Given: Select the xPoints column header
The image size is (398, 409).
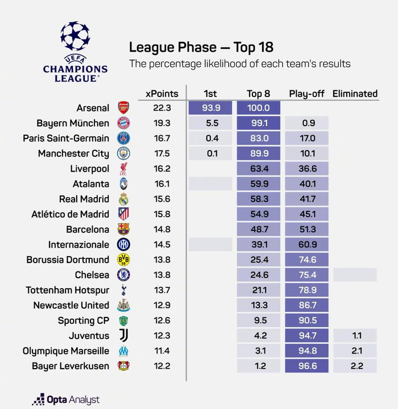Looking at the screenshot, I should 162,94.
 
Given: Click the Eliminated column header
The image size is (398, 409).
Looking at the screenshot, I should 355,94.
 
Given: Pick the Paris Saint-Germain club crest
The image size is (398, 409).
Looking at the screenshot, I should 123,138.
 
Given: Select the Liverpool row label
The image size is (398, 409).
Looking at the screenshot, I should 90,169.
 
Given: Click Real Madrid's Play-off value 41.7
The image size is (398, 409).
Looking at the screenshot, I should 306,199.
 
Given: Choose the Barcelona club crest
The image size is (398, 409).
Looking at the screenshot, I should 123,229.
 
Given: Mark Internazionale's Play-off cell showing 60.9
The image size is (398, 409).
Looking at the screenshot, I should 306,244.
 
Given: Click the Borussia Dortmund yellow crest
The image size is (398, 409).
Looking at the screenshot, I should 123,260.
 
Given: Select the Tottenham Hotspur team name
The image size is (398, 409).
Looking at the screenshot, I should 68,290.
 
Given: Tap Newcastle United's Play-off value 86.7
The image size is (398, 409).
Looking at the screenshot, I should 306,305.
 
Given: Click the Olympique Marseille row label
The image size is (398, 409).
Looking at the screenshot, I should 66,351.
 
